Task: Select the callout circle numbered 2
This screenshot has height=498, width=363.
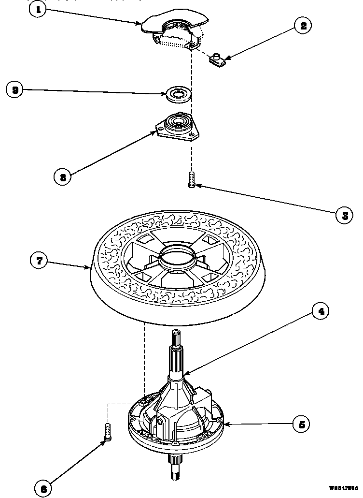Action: click(x=303, y=26)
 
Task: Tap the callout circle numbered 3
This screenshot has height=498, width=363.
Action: click(x=344, y=215)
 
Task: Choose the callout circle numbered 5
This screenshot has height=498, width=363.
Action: click(x=301, y=424)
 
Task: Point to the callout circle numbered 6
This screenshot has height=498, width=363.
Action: click(x=43, y=488)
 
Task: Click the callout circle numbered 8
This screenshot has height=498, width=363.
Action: click(x=63, y=177)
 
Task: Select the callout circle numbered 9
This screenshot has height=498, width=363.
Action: click(x=16, y=90)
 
